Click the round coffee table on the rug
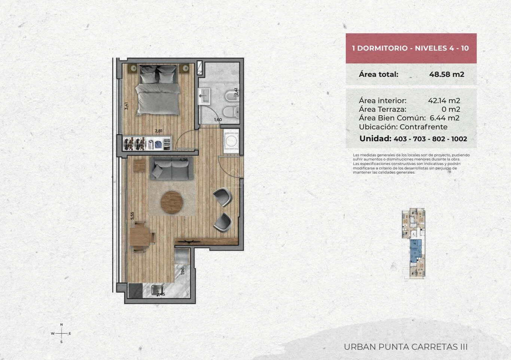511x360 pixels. [172, 202]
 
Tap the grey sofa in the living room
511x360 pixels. [171, 168]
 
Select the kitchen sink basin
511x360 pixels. [156, 290]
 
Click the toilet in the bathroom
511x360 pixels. [231, 112]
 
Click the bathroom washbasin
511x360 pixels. [204, 96]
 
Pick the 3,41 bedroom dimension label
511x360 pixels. [127, 106]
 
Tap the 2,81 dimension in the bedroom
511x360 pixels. [159, 131]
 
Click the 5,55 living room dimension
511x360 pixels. [132, 216]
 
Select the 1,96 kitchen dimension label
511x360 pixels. [183, 271]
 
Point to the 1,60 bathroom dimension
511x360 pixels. [218, 120]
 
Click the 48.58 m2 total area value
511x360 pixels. [447, 75]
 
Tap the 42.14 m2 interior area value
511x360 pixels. [444, 100]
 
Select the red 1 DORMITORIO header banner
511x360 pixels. [411, 48]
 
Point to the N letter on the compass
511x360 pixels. [61, 325]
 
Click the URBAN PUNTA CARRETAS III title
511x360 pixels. [405, 347]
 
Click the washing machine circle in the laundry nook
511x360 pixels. [231, 141]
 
